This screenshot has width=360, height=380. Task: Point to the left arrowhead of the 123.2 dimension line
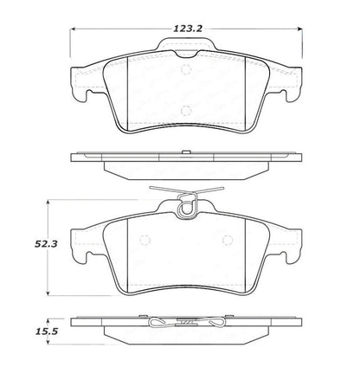pyautogui.click(x=72, y=28)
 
